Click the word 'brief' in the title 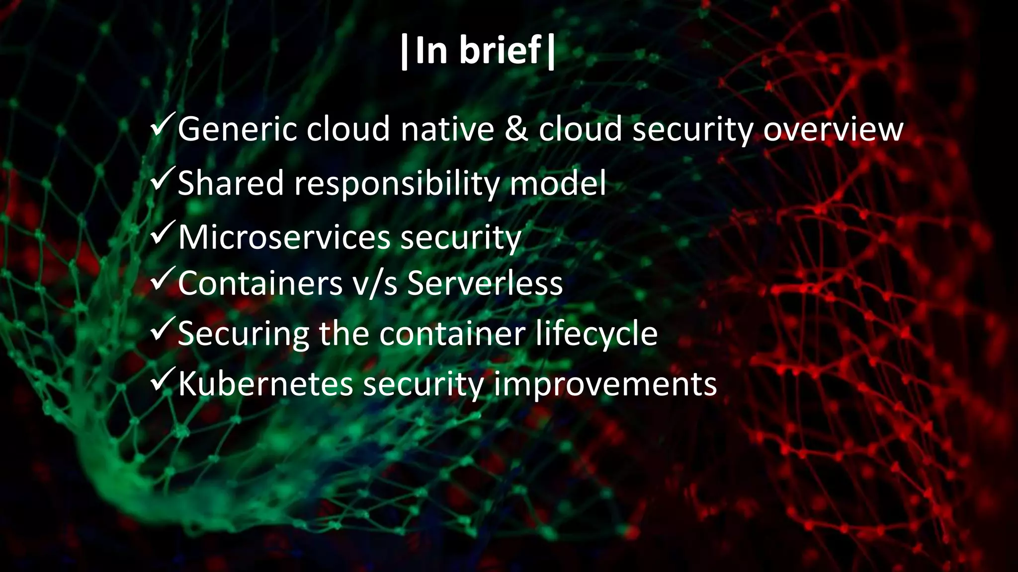click(500, 51)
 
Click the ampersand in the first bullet click(516, 129)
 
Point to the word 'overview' click(833, 129)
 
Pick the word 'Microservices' click(284, 237)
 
